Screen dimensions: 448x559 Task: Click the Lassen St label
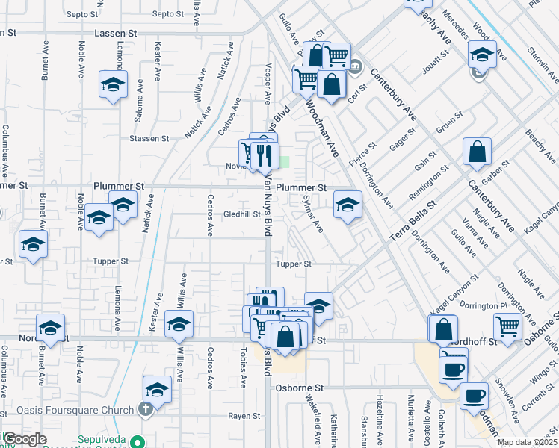click(x=117, y=34)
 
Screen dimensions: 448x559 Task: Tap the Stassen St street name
click(x=148, y=139)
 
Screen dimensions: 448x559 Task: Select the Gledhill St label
click(x=241, y=214)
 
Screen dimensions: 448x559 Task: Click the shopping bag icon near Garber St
click(x=477, y=153)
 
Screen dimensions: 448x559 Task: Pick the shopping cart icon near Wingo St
click(x=508, y=326)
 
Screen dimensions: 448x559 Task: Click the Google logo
click(x=25, y=439)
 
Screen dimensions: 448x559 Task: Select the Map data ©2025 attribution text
click(x=527, y=442)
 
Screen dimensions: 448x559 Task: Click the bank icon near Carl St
click(x=356, y=67)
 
